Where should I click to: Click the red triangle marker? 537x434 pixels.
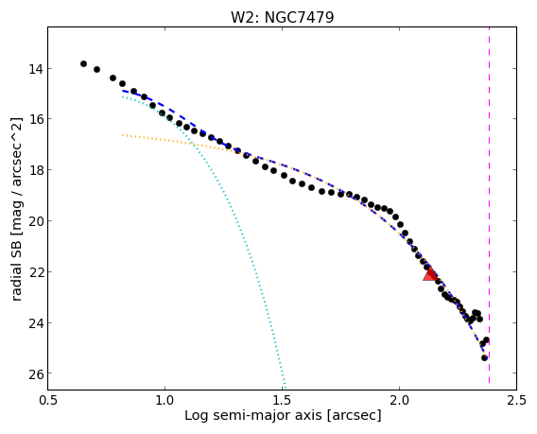429,273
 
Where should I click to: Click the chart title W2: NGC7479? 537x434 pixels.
282,17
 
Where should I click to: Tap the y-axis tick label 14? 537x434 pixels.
36,69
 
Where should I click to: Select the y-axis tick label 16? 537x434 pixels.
36,119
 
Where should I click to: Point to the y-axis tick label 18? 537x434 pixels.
36,170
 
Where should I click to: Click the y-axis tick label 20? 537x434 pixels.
36,221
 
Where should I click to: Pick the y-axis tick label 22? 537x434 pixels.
36,272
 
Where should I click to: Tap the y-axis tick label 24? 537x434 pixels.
36,323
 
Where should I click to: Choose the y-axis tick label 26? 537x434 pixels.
36,373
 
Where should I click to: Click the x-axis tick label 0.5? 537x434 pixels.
48,400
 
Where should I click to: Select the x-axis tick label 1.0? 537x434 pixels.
165,400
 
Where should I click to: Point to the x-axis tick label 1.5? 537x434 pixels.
282,400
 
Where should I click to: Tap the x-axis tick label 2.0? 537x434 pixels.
399,400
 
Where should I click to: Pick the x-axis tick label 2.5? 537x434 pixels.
516,400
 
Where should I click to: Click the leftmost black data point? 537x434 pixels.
83,63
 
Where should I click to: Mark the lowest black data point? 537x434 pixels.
484,357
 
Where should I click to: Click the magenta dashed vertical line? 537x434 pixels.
489,205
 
